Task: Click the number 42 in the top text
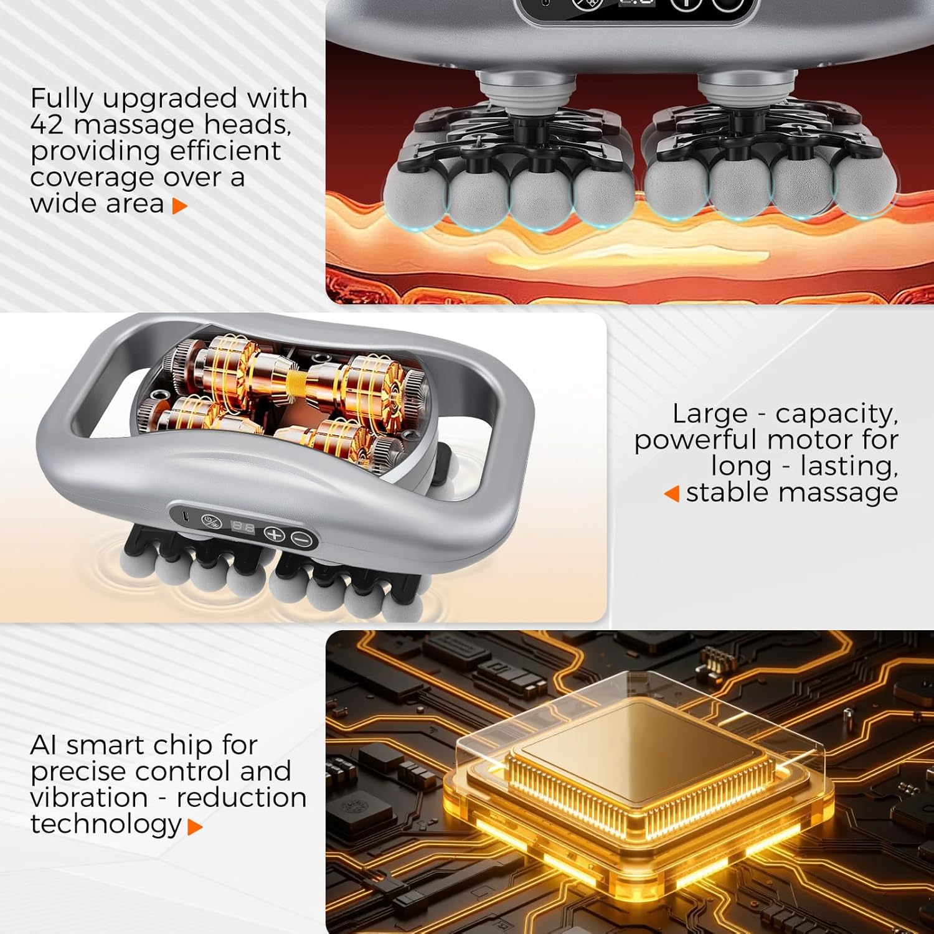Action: (x=47, y=125)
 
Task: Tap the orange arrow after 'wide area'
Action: (x=180, y=206)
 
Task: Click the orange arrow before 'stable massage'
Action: (x=671, y=494)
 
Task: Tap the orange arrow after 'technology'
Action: (x=195, y=827)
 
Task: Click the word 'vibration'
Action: (x=89, y=798)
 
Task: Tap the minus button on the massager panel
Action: (x=302, y=539)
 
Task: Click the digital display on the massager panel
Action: (x=243, y=527)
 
